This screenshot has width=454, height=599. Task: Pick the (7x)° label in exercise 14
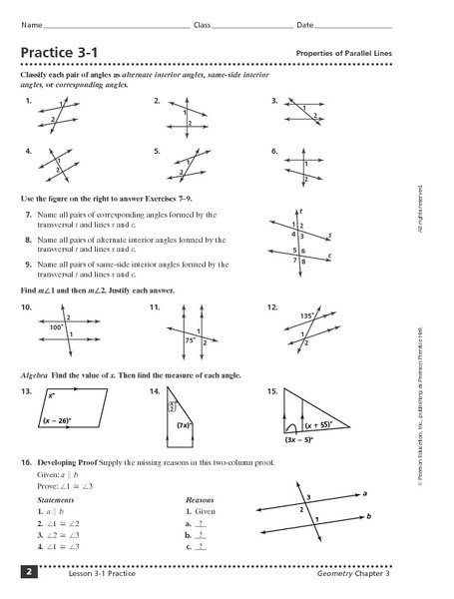pos(185,427)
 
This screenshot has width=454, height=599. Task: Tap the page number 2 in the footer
pos(32,571)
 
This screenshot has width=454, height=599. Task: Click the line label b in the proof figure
pos(370,516)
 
